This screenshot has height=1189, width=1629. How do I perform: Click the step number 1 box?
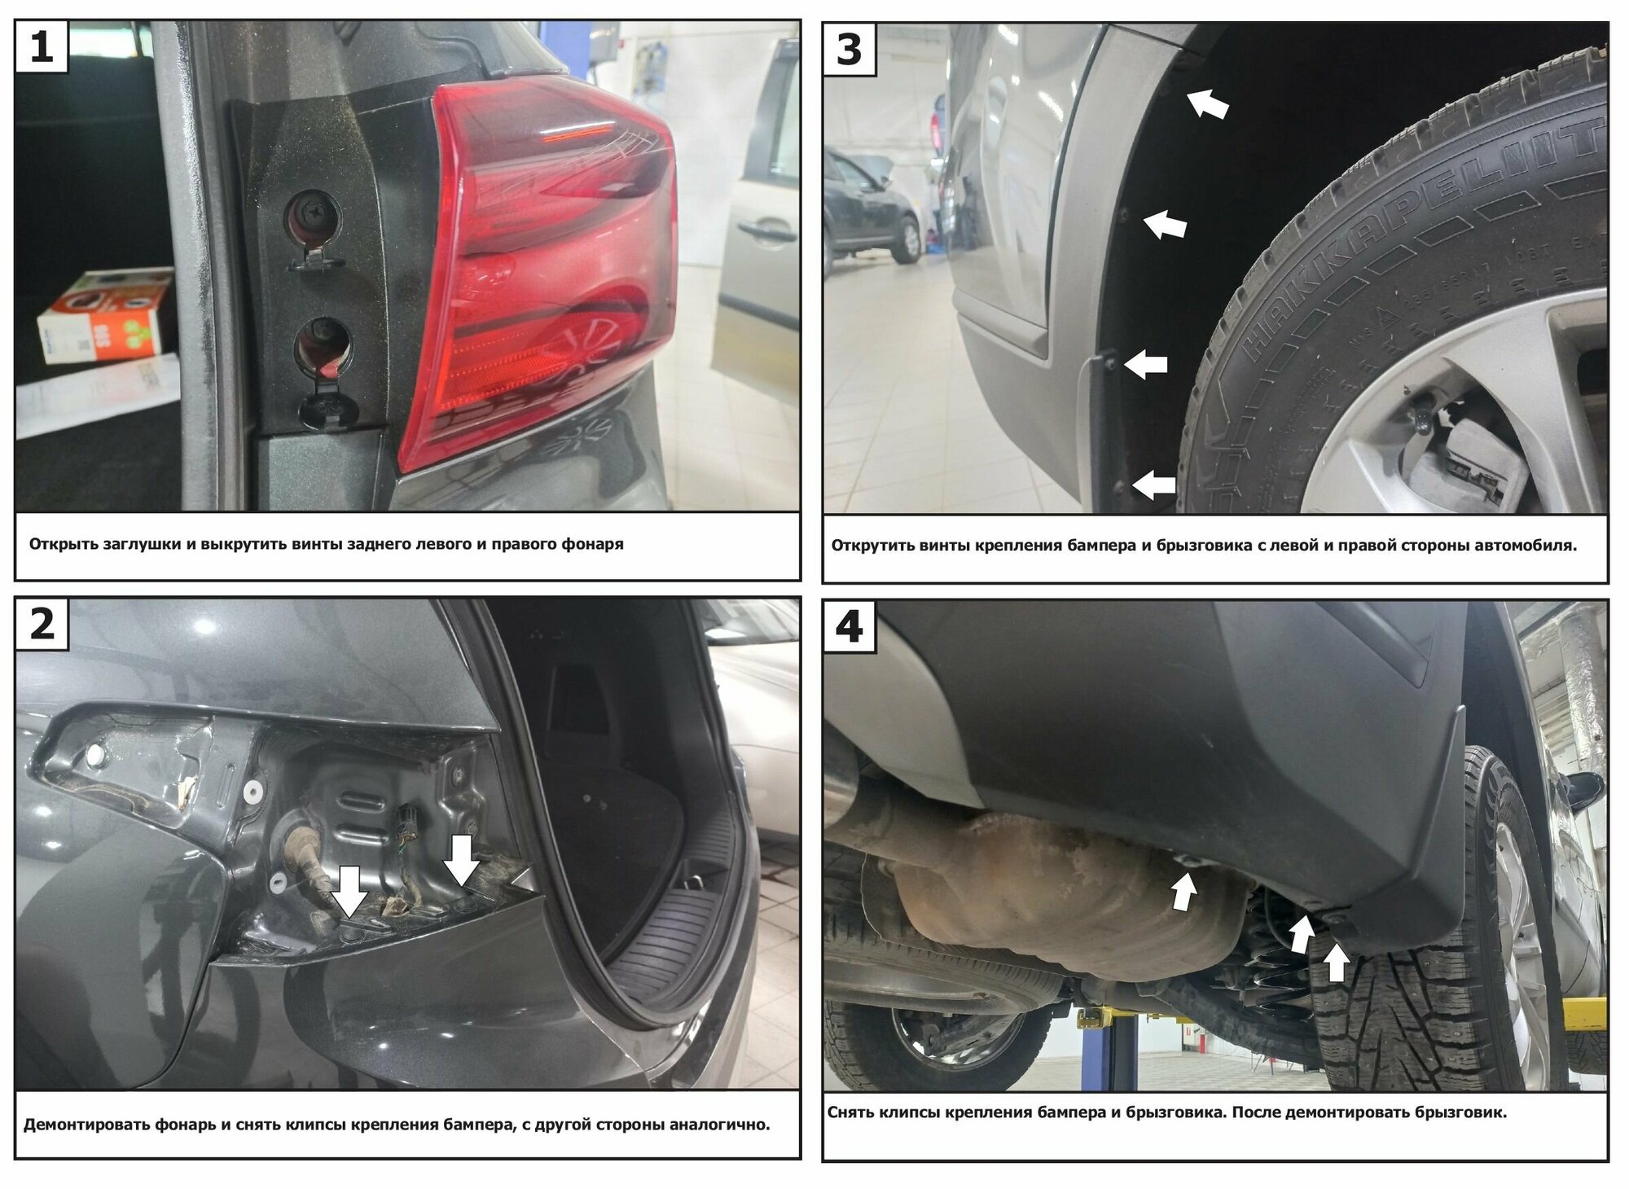pyautogui.click(x=42, y=47)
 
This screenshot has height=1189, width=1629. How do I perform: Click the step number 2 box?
pyautogui.click(x=42, y=625)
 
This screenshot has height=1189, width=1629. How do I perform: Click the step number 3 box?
pyautogui.click(x=850, y=50)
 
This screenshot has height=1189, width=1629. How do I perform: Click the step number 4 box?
pyautogui.click(x=850, y=628)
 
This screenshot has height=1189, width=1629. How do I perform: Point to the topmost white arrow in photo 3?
pyautogui.click(x=1207, y=103)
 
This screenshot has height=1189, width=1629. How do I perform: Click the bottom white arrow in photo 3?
pyautogui.click(x=1153, y=485)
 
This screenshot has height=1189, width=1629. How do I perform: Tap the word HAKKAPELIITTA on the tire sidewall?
pyautogui.click(x=1417, y=244)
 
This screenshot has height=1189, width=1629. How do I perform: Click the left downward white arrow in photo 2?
pyautogui.click(x=352, y=889)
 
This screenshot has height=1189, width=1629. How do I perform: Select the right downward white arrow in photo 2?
pyautogui.click(x=463, y=860)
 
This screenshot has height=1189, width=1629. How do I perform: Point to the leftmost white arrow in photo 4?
pyautogui.click(x=1183, y=890)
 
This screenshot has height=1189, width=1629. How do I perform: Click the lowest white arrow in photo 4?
pyautogui.click(x=1336, y=963)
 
